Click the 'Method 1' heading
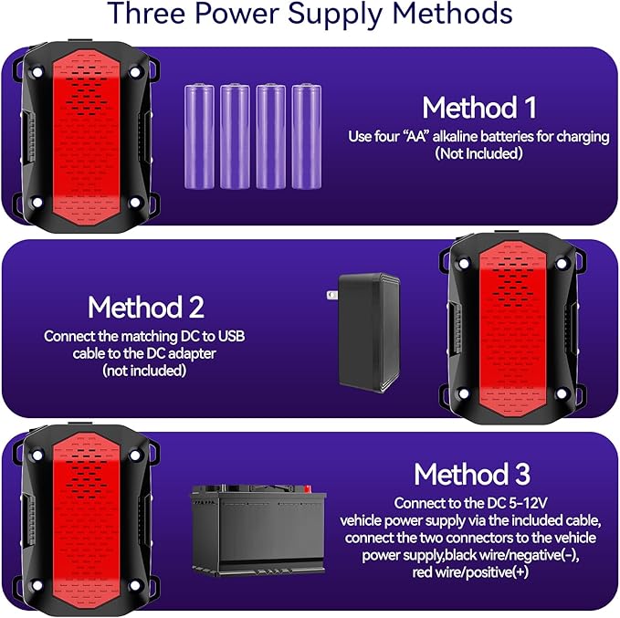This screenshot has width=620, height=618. [479, 108]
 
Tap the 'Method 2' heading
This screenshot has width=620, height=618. [146, 308]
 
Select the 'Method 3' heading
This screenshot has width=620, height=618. [472, 474]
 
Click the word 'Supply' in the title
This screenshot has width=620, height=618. [335, 15]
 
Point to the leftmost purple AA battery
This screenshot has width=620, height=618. [199, 136]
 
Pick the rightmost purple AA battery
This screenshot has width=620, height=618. [307, 136]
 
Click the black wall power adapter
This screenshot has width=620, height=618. [369, 332]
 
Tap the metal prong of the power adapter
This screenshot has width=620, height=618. [331, 295]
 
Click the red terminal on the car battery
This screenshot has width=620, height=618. [308, 488]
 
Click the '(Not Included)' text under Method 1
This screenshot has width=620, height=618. [478, 153]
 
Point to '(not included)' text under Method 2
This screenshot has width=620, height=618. [144, 371]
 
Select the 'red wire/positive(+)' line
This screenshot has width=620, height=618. [470, 572]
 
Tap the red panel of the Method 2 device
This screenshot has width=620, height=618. [512, 329]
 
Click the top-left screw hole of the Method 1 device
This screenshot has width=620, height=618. [37, 72]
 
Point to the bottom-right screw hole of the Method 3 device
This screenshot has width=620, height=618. [135, 585]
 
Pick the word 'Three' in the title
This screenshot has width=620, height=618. [146, 14]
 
